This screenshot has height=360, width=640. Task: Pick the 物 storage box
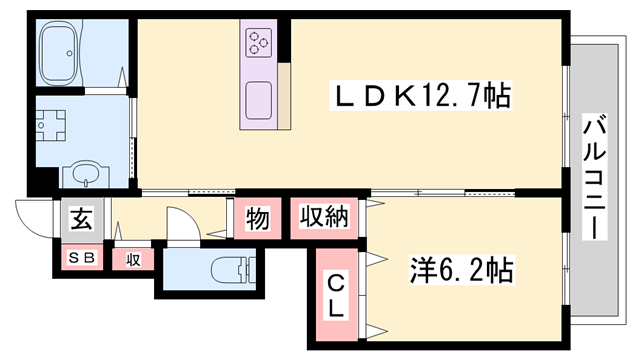tap(257, 219)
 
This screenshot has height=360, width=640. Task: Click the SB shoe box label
tap(81, 257)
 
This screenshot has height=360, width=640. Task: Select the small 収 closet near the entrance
tap(132, 259)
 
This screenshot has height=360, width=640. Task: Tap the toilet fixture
tap(230, 269)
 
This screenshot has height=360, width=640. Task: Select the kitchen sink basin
tap(259, 100)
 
